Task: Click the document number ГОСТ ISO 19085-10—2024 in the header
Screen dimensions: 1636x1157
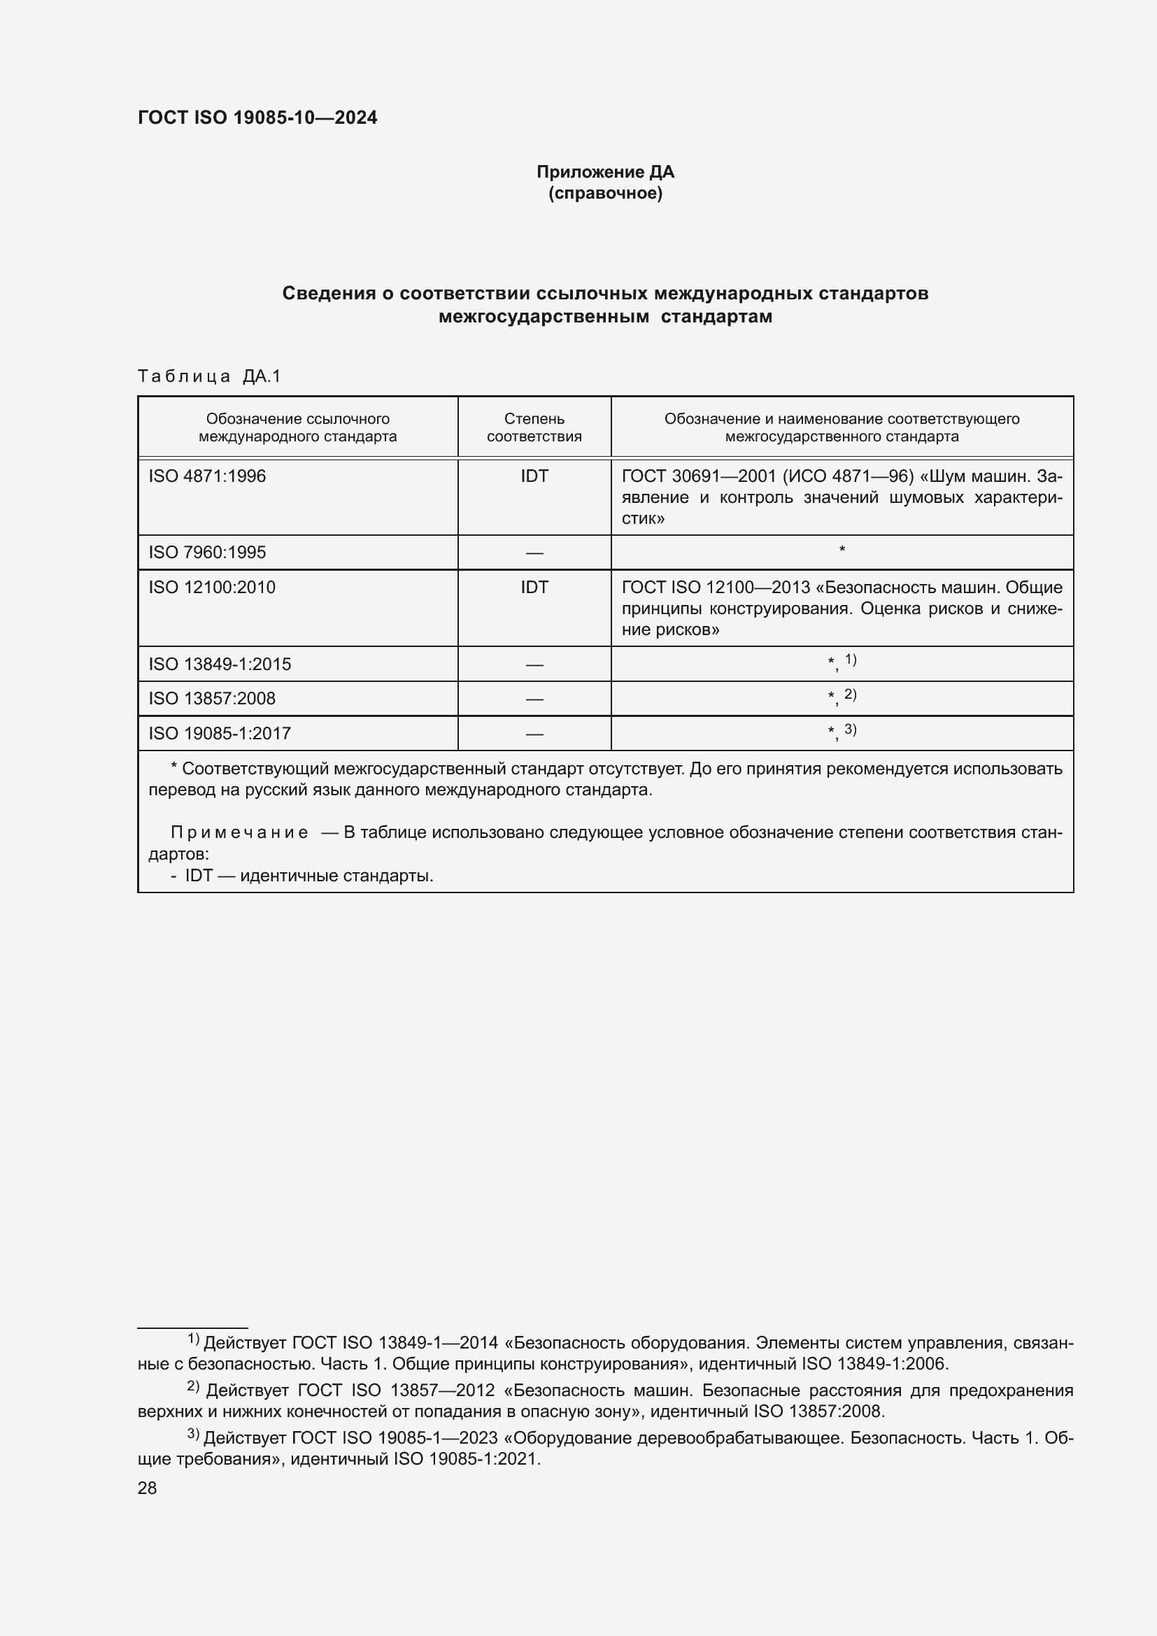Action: (257, 118)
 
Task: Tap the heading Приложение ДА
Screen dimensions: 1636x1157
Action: (605, 172)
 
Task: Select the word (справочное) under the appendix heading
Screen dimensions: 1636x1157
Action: (605, 193)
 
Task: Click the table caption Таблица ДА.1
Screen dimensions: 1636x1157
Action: (209, 376)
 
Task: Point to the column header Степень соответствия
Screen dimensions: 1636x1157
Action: (534, 427)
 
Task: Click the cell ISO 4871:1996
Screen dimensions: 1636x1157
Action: (207, 476)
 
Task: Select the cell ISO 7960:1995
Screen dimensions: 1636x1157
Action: (207, 553)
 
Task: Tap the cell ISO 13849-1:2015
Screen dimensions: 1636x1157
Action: (220, 664)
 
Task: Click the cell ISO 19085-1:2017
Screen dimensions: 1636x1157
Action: (220, 733)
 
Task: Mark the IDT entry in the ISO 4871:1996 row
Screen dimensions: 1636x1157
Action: (534, 476)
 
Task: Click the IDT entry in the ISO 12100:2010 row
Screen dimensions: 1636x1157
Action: (534, 587)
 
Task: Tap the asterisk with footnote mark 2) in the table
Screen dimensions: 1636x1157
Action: (842, 697)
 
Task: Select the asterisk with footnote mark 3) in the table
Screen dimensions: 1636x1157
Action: (842, 731)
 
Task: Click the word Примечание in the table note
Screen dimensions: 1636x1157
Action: (239, 832)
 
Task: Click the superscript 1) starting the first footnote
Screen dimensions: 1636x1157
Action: (193, 1339)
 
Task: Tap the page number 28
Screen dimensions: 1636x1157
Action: (148, 1488)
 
